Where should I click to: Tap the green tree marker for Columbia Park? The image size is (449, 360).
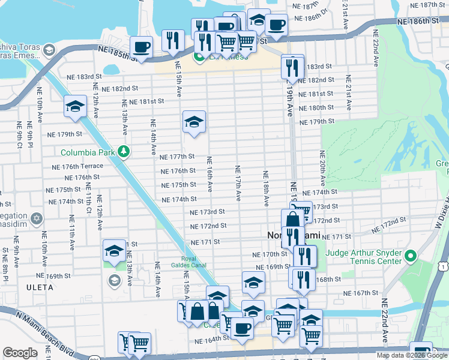coord(124,151)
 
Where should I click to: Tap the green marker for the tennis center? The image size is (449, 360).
coord(411,257)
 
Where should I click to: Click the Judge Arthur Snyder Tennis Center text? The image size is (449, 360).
coord(364,257)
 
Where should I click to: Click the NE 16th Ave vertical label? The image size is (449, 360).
coord(209,174)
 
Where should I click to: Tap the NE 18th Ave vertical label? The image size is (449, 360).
coord(264,188)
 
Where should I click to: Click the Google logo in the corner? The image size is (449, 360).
coord(20,353)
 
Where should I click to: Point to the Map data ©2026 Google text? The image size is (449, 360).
coord(412,355)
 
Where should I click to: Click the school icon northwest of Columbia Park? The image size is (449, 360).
coord(76,106)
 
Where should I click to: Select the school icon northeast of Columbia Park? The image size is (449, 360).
coord(194,122)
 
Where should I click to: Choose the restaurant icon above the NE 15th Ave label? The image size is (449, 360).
coord(173,41)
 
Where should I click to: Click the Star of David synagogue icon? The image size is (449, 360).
coord(37,217)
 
